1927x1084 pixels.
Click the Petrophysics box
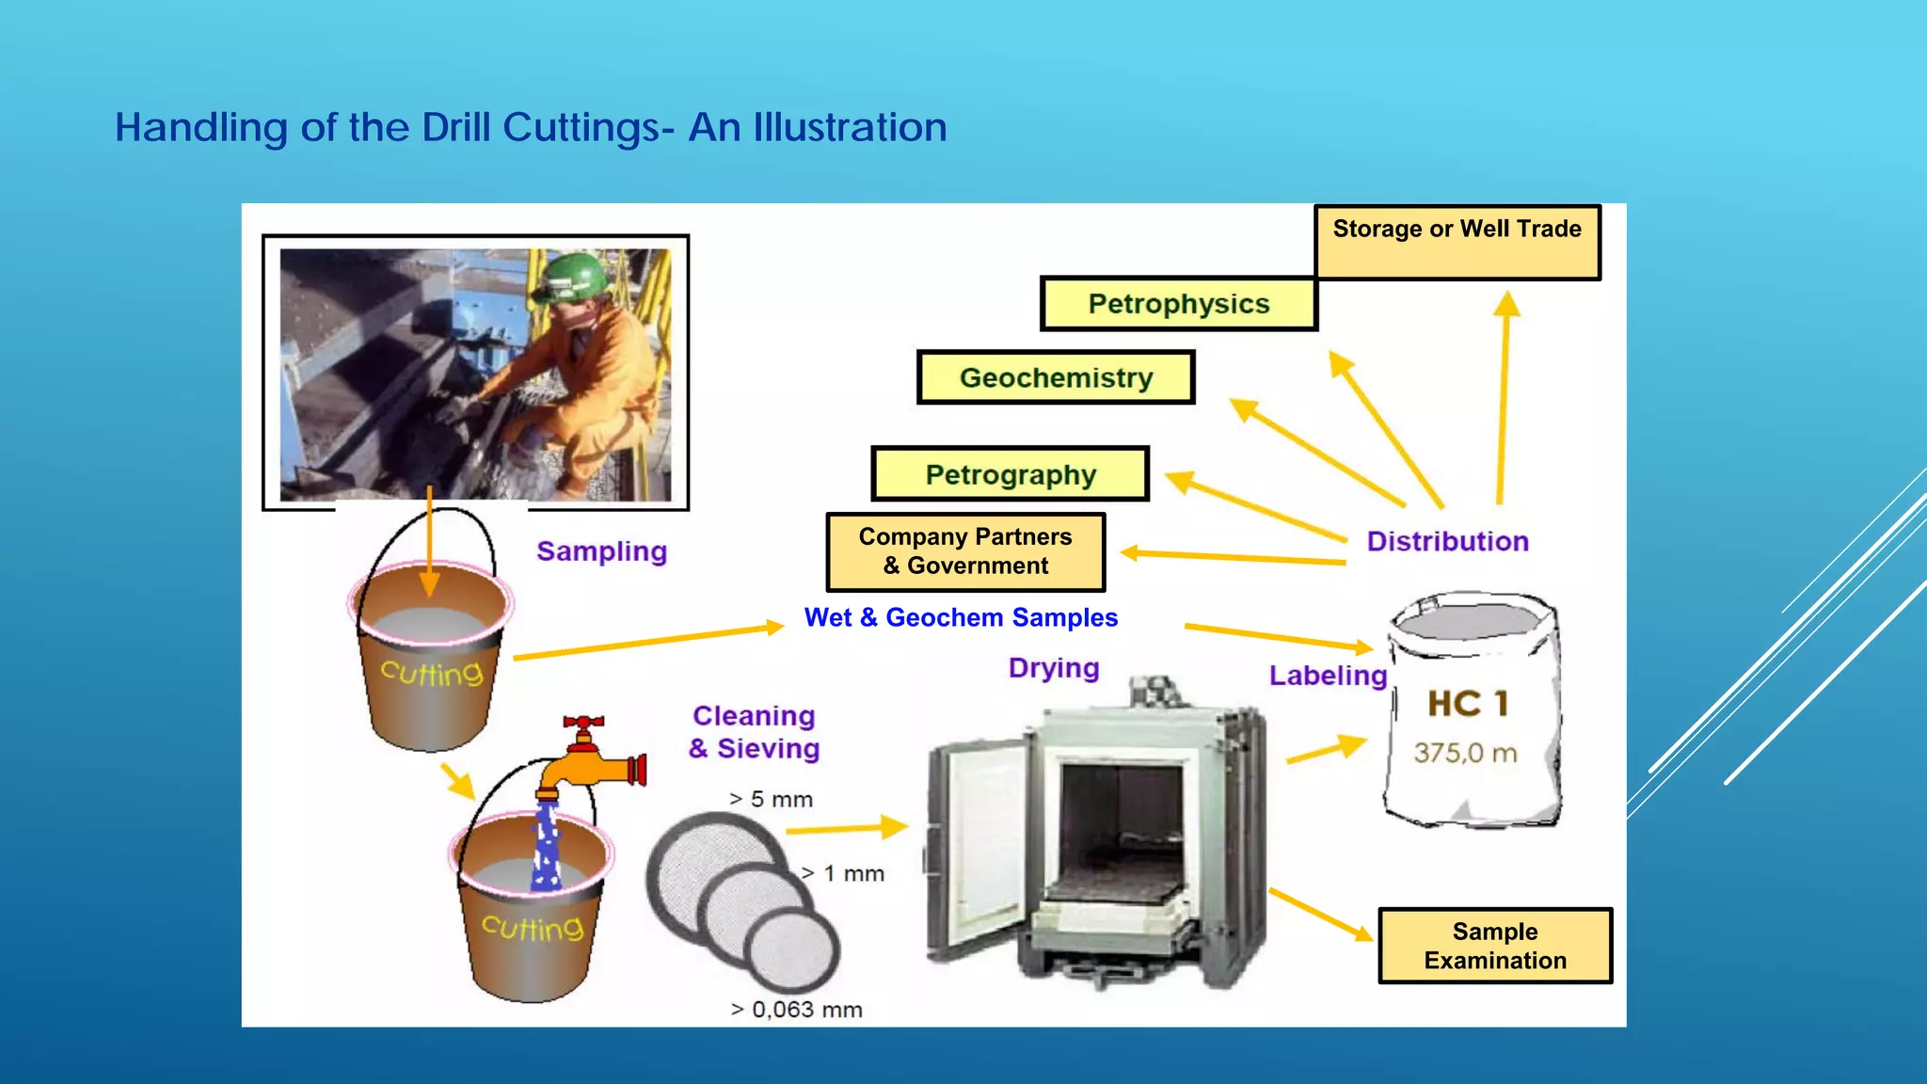1178,304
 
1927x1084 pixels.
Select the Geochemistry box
1056,378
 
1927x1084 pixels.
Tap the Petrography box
1011,474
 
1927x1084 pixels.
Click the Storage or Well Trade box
1457,242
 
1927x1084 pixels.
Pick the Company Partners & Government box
965,551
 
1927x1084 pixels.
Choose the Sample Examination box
1494,946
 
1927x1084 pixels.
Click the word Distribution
1447,542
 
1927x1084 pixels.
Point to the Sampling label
601,551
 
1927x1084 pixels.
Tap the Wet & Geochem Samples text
961,618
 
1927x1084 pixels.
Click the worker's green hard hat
572,274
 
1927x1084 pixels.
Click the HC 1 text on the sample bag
1468,704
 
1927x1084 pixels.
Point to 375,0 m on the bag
1465,753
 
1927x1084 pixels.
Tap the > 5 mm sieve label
771,800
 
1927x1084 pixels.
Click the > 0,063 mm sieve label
796,1010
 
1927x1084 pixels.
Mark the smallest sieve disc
792,951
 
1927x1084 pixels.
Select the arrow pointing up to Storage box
1504,395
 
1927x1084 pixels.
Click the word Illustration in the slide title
850,127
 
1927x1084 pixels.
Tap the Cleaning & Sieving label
754,732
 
